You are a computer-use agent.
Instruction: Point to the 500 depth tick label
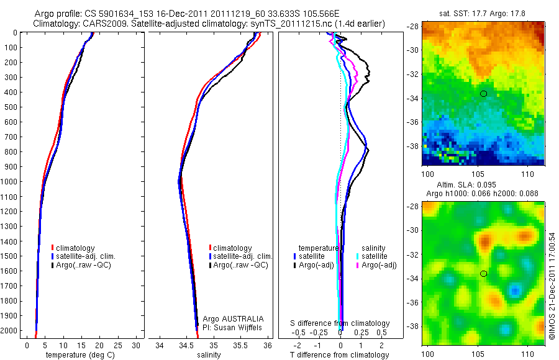point(10,107)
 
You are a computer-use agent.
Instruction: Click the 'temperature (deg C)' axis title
point(78,355)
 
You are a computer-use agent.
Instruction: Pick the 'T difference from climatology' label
point(340,355)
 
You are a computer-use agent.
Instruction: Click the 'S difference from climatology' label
point(340,323)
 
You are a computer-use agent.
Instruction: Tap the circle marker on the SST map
point(483,93)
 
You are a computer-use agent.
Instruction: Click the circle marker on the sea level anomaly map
point(483,273)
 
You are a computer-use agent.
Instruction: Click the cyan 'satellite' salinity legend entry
point(374,256)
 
